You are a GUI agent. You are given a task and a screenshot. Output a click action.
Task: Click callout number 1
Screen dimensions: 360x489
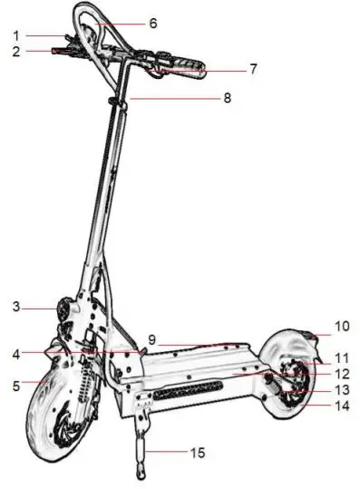point(16,35)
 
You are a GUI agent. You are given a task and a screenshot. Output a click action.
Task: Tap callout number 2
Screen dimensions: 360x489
point(16,52)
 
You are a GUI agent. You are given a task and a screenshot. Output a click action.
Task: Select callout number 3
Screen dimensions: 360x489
point(16,308)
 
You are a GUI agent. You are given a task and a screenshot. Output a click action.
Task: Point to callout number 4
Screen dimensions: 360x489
point(16,354)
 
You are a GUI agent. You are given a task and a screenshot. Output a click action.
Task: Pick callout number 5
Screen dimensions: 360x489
point(16,386)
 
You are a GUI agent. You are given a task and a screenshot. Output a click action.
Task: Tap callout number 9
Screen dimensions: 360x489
point(152,339)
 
